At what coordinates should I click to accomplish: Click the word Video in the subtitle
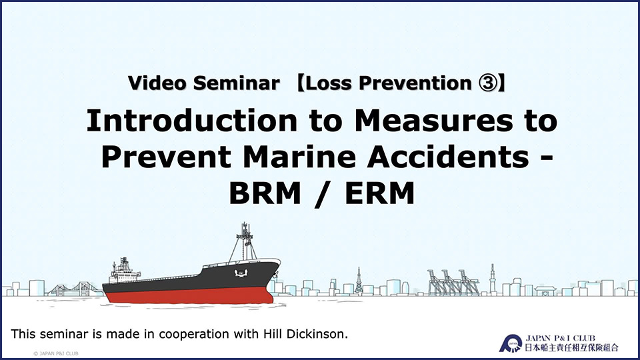[x=157, y=83]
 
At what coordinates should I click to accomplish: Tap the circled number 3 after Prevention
[x=488, y=83]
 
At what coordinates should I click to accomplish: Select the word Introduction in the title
[x=192, y=121]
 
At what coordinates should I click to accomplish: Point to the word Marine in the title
[x=299, y=157]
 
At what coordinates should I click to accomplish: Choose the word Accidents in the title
[x=448, y=157]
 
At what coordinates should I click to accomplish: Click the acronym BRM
[x=265, y=193]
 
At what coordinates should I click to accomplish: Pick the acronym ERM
[x=379, y=193]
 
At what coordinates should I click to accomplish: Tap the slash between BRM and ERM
[x=323, y=194]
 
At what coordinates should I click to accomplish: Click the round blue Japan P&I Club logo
[x=511, y=343]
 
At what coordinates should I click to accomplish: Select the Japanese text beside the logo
[x=571, y=348]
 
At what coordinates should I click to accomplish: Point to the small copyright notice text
[x=56, y=353]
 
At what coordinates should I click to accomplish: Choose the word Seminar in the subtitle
[x=236, y=83]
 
